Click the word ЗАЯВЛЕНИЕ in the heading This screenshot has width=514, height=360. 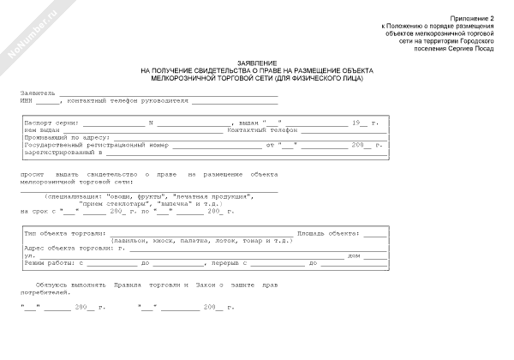click(257, 63)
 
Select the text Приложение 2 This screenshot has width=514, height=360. click(473, 18)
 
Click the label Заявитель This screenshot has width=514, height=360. click(39, 92)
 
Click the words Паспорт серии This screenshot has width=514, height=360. click(51, 123)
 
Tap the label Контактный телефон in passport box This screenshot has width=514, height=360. click(254, 129)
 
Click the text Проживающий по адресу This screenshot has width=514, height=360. click(64, 137)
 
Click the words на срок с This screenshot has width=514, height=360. click(39, 210)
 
